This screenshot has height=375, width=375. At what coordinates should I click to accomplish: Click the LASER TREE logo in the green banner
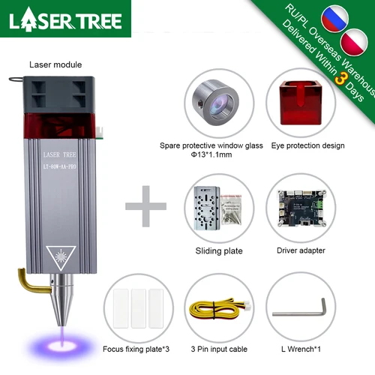click(65, 19)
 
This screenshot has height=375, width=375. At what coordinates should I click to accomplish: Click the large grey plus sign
click(145, 205)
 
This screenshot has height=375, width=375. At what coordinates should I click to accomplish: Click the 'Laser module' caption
click(55, 65)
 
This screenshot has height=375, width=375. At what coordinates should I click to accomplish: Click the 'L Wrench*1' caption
click(300, 349)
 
